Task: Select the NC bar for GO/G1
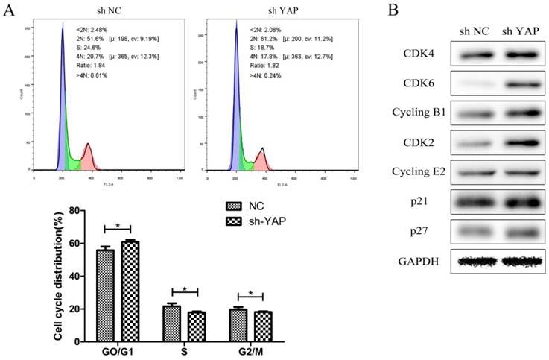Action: pyautogui.click(x=105, y=295)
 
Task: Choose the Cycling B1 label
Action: pyautogui.click(x=416, y=113)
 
